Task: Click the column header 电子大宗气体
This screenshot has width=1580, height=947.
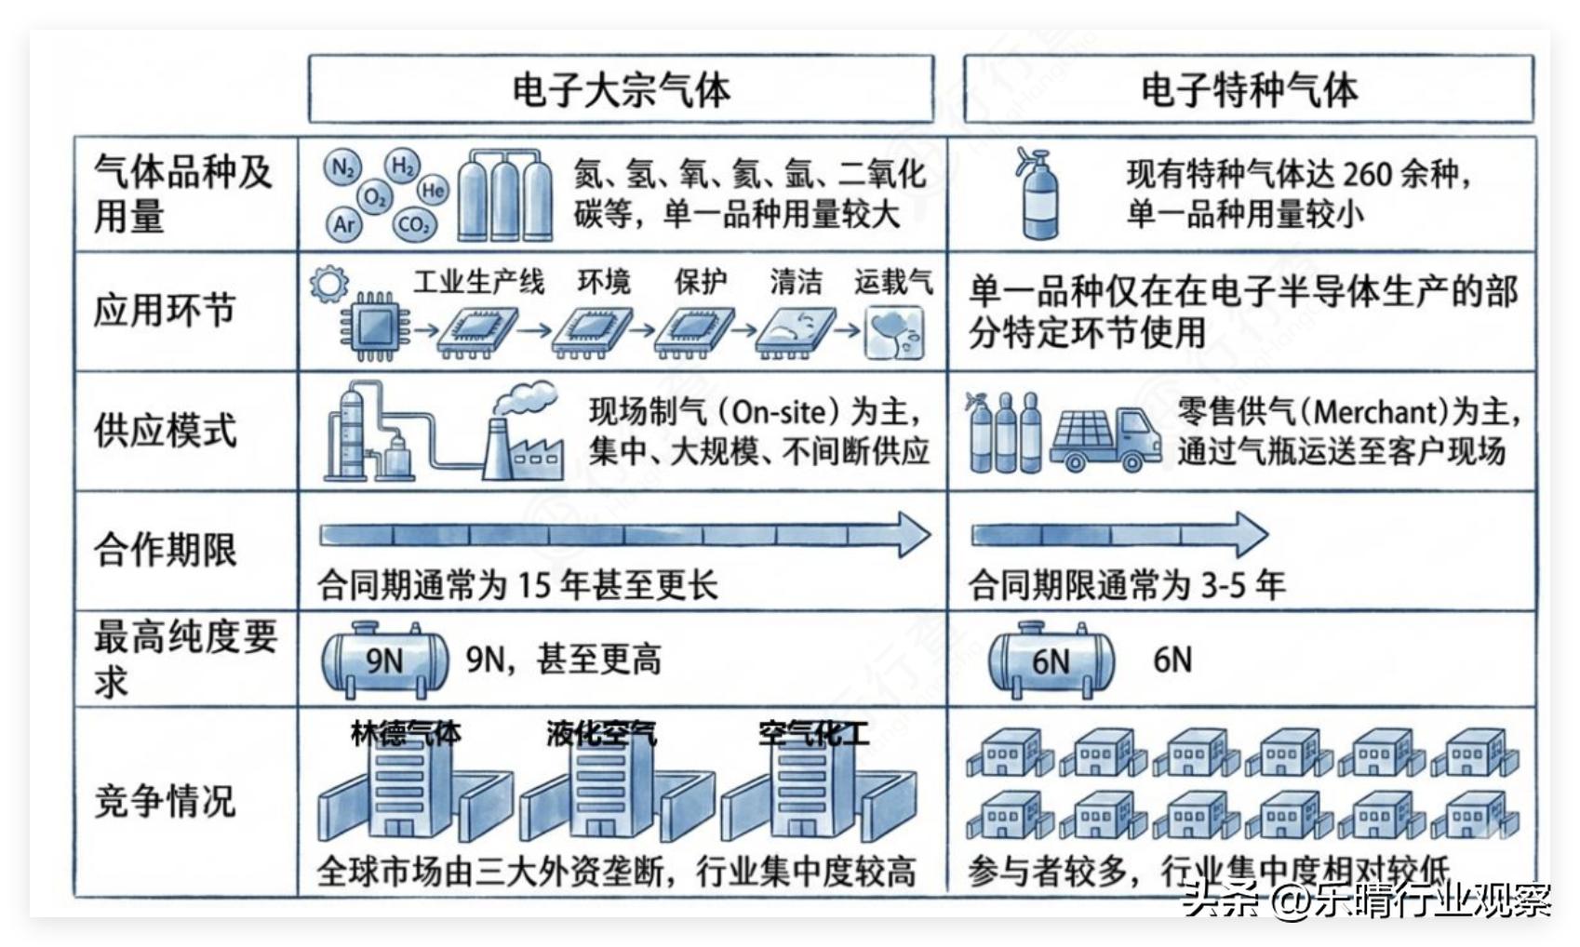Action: pyautogui.click(x=621, y=89)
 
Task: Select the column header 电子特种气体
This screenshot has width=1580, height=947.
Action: pyautogui.click(x=1248, y=89)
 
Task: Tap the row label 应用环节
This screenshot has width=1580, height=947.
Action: pyautogui.click(x=165, y=311)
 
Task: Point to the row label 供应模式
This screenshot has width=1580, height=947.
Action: pyautogui.click(x=165, y=430)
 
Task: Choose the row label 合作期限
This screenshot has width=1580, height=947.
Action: pyautogui.click(x=165, y=550)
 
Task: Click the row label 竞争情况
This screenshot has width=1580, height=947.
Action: pyautogui.click(x=165, y=800)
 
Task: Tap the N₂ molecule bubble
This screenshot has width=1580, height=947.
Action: pyautogui.click(x=341, y=168)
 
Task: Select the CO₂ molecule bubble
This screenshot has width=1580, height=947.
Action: pyautogui.click(x=412, y=224)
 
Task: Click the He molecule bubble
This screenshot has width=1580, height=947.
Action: pyautogui.click(x=433, y=191)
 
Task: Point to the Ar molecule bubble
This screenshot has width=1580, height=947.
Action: pyautogui.click(x=344, y=224)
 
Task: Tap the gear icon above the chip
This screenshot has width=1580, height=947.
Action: pyautogui.click(x=328, y=284)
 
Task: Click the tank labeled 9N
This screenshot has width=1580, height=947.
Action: pyautogui.click(x=384, y=660)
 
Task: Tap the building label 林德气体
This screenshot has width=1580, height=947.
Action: pyautogui.click(x=405, y=734)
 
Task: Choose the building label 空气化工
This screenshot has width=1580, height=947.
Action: pyautogui.click(x=813, y=734)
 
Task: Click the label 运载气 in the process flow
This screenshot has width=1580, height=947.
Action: pyautogui.click(x=893, y=281)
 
